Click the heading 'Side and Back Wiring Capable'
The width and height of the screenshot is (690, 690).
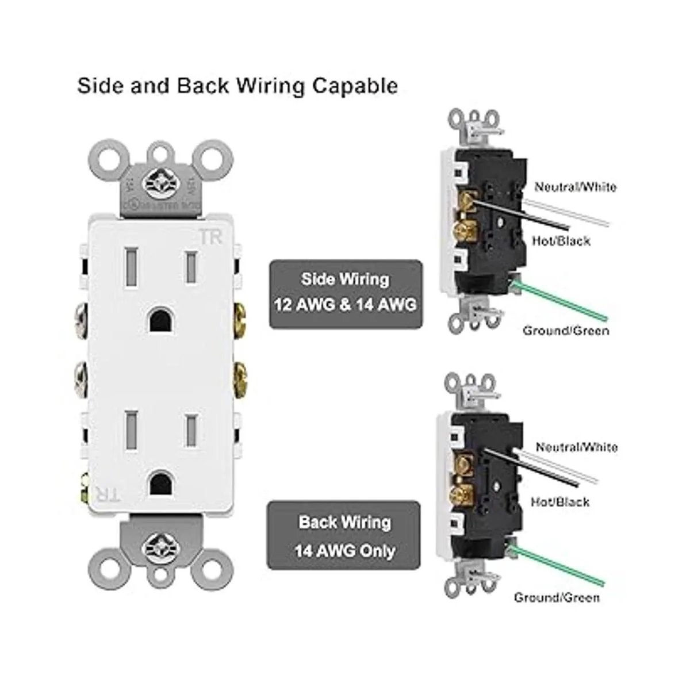coord(237,85)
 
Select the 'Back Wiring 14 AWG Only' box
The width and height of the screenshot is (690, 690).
coord(344,537)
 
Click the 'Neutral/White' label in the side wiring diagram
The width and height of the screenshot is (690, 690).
coord(575,187)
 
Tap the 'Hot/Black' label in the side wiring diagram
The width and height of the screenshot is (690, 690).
coord(561,240)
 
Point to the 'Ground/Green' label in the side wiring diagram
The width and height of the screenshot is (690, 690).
coord(566,331)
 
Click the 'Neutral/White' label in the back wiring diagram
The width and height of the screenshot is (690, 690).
coord(577,447)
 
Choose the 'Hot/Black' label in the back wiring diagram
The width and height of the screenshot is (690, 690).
coord(560,502)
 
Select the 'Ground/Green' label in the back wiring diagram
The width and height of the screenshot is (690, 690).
coord(557,597)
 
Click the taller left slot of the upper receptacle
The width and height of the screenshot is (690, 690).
coord(129,264)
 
